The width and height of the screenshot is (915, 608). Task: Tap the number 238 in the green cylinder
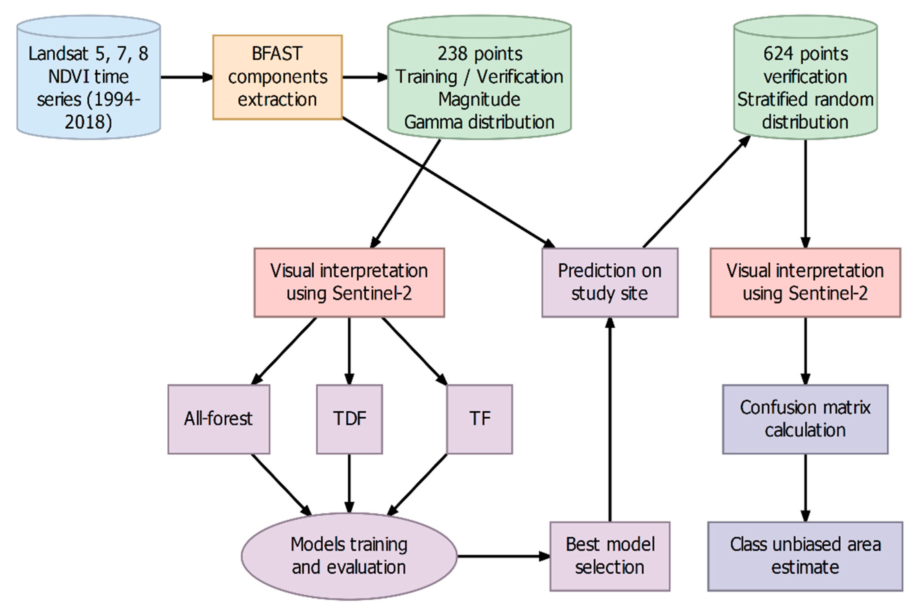tap(450, 54)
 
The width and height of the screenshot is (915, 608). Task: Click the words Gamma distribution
tap(479, 122)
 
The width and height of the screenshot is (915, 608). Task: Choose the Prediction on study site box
tap(610, 282)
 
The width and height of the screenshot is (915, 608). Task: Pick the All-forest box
tap(218, 419)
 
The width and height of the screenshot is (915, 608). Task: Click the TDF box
tap(349, 419)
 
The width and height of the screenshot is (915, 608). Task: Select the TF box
tap(480, 419)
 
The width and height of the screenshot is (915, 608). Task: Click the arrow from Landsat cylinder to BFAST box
tap(186, 77)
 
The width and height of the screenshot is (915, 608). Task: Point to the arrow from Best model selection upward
tap(610, 419)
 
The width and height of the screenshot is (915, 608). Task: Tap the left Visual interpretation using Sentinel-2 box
tap(349, 282)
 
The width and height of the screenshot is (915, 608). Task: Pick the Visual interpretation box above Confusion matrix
tap(805, 282)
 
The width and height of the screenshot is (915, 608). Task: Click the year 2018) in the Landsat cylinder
tap(88, 122)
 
